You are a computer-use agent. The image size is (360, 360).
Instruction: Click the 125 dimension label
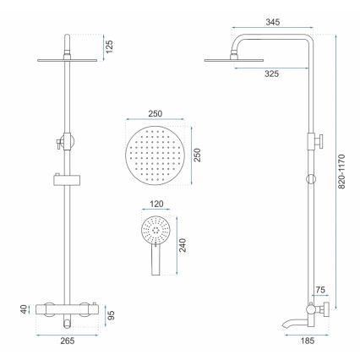108,46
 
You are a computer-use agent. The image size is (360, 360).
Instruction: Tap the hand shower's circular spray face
153,227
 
